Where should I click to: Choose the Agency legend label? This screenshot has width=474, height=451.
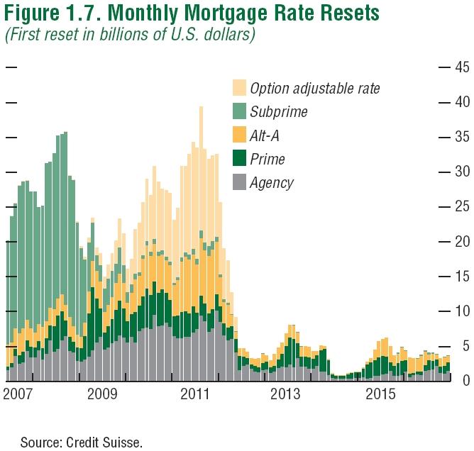click(272, 182)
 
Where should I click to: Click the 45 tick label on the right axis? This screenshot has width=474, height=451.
click(462, 67)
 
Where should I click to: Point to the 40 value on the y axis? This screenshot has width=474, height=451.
click(462, 102)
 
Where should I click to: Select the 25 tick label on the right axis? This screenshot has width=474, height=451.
click(462, 206)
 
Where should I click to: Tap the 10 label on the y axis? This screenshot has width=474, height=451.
click(462, 311)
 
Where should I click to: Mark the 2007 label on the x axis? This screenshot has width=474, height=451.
click(19, 394)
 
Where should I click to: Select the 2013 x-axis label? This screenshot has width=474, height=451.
click(285, 394)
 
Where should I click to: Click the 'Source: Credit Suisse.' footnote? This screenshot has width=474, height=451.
click(82, 442)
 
